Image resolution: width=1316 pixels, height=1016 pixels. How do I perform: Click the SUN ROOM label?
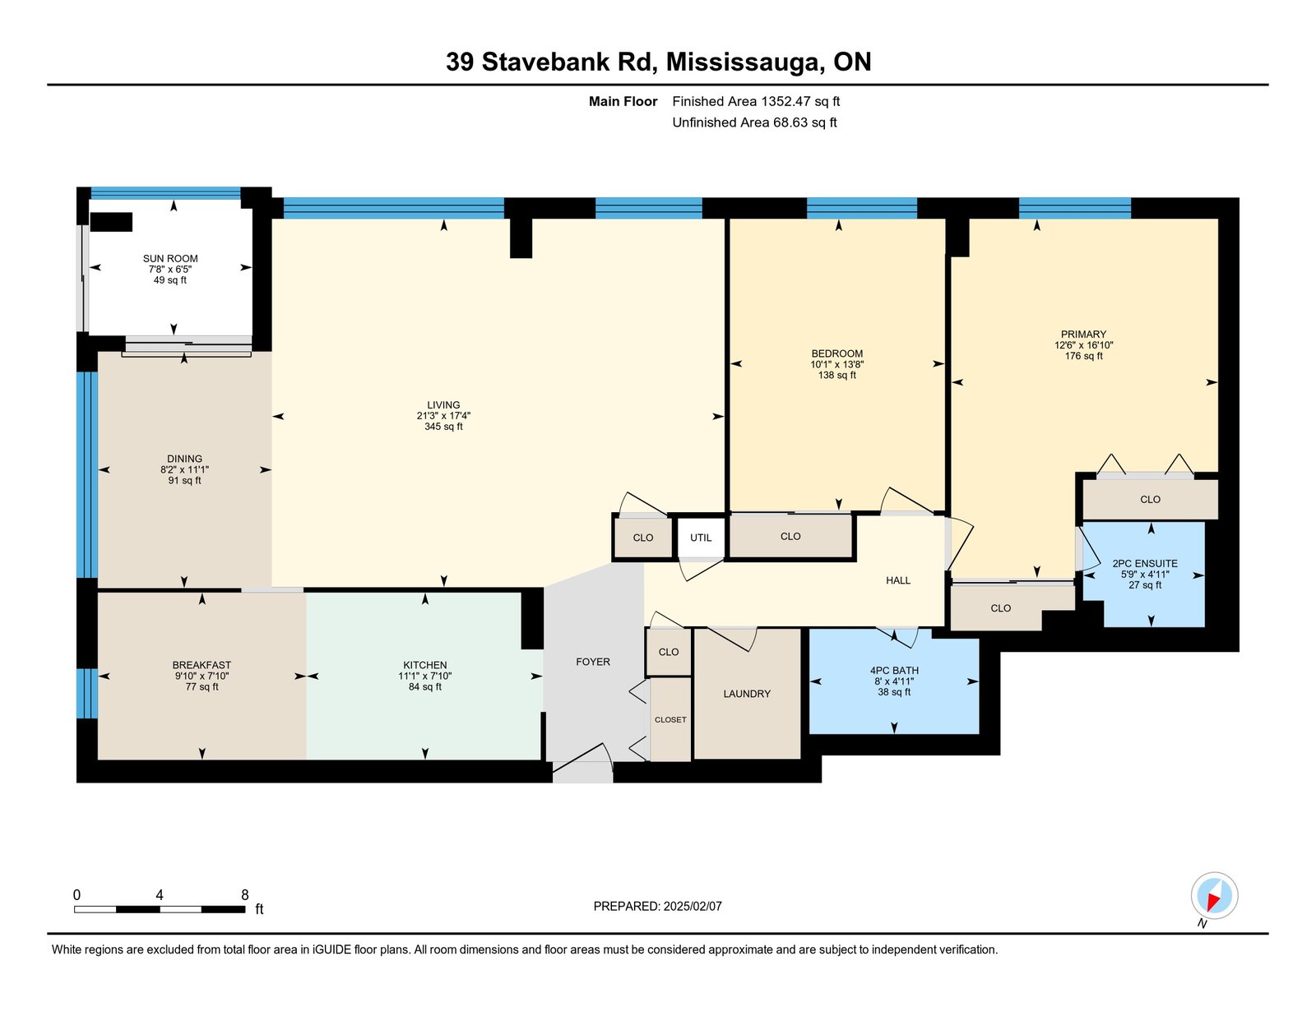(170, 258)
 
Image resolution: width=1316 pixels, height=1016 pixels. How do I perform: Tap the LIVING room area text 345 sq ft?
(443, 427)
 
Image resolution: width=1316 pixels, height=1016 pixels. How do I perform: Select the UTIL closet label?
(701, 538)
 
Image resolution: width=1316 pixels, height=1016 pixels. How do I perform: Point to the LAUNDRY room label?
(747, 694)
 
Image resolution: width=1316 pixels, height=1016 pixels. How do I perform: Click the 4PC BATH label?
(895, 671)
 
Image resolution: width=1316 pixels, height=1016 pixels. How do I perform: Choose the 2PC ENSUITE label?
(1145, 563)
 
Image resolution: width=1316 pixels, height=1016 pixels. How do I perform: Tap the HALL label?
(898, 580)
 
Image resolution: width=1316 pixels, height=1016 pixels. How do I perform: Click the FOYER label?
(593, 662)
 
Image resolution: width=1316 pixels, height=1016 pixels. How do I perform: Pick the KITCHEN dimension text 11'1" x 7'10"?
(425, 676)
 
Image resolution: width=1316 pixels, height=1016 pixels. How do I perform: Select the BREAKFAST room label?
(202, 665)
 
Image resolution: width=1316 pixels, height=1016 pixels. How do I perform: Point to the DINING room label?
(185, 459)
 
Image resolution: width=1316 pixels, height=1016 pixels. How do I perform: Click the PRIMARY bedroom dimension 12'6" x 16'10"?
(1083, 345)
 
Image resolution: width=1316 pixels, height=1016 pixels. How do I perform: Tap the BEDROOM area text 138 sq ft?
(837, 375)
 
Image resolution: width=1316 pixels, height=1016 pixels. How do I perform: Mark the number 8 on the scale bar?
(244, 895)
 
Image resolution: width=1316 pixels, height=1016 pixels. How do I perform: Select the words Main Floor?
(623, 102)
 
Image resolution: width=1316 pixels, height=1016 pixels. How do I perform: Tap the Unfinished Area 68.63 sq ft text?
(754, 122)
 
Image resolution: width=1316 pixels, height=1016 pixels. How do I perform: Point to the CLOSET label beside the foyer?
(670, 719)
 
